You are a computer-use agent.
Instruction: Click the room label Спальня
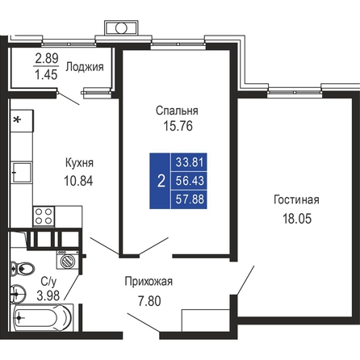(x=177, y=111)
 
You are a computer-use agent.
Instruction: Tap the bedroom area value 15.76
(x=178, y=126)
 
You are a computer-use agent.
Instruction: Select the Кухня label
(x=79, y=163)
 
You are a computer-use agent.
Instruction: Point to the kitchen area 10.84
(x=78, y=181)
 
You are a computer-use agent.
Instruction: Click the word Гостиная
(x=296, y=200)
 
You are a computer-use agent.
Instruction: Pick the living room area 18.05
(x=297, y=219)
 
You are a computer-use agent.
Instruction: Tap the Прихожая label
(x=149, y=282)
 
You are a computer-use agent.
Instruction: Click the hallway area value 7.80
(x=149, y=301)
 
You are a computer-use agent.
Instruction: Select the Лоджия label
(x=85, y=67)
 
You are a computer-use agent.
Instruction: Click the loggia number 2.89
(x=47, y=58)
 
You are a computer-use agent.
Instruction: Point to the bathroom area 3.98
(x=48, y=296)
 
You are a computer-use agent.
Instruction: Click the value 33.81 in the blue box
(x=190, y=162)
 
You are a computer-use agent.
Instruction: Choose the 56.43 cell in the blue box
(x=190, y=181)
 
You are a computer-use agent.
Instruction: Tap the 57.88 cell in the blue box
(x=190, y=199)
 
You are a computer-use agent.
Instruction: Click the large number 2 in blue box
(x=161, y=181)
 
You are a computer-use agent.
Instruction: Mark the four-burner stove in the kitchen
(x=44, y=216)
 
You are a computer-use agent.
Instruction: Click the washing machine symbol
(x=68, y=260)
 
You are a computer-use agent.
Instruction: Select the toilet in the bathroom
(x=23, y=269)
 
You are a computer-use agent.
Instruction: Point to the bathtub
(x=42, y=318)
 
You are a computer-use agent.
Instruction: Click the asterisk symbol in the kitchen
(x=17, y=119)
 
